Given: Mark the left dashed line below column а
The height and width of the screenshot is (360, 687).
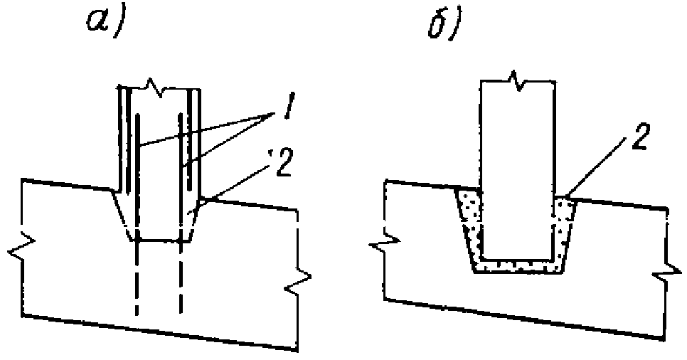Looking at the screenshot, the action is tap(135, 277).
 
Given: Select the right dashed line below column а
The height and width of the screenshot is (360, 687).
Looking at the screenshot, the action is tap(181, 277).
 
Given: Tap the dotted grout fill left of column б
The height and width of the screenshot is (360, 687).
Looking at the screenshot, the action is tap(470, 221).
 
